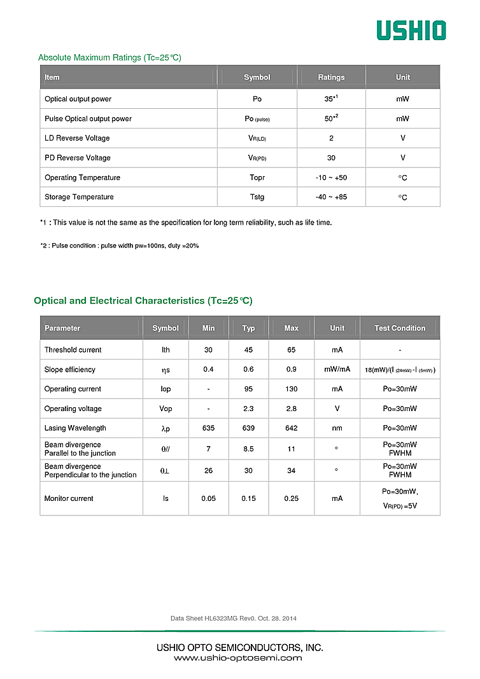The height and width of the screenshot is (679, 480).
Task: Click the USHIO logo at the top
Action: coord(411,30)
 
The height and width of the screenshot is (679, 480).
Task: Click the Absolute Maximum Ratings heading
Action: coord(109,58)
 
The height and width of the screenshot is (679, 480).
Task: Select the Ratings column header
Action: coord(331,78)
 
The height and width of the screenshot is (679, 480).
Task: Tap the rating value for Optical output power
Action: coord(330,99)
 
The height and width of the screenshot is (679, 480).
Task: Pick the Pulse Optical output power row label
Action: coord(88,119)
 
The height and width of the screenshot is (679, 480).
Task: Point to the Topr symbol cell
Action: coord(257,178)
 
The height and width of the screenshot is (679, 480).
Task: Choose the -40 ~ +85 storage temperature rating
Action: coord(331,197)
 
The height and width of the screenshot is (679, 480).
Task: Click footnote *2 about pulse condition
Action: coord(119,246)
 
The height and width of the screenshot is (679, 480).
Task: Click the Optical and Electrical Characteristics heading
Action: coord(143,301)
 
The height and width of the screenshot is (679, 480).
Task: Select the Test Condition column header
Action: coord(400,328)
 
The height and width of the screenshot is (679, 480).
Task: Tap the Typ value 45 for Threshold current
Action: coord(248,350)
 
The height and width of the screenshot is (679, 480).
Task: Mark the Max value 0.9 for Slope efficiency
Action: coord(291,370)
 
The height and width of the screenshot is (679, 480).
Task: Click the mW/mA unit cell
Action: coord(337,370)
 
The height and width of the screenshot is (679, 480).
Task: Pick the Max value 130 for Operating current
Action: coord(291,389)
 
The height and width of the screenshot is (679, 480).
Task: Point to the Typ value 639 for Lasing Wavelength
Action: coord(248,428)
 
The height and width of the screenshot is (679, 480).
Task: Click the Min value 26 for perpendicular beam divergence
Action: coord(208,471)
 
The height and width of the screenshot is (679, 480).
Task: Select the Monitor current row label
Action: coord(69,499)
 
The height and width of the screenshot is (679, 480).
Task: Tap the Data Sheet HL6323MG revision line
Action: coord(233,619)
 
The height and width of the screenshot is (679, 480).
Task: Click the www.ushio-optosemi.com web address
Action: coord(238,658)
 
